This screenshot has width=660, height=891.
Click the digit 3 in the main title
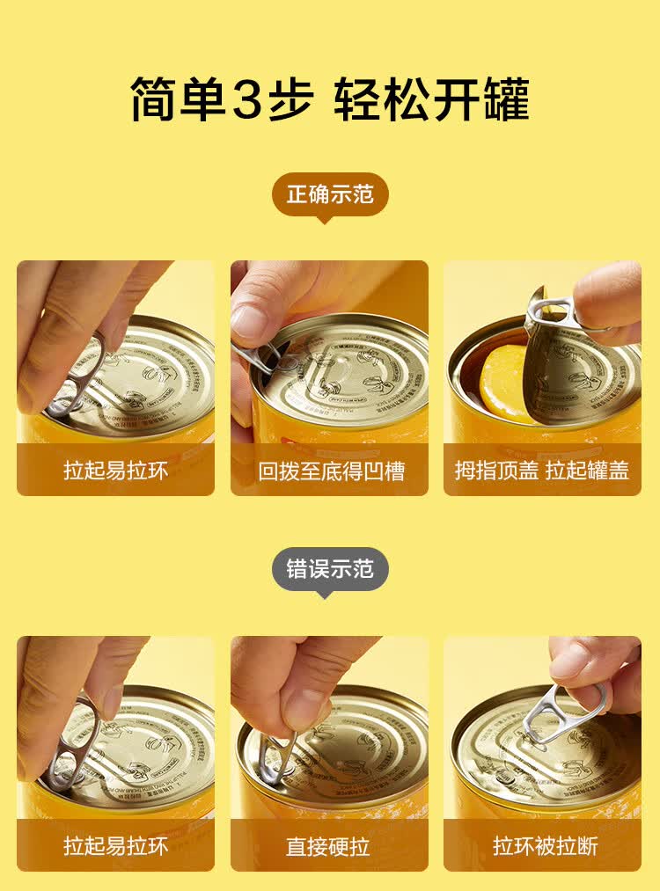pos(255,99)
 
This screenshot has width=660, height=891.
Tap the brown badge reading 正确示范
pos(330,194)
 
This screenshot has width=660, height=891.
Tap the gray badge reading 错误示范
pos(330,569)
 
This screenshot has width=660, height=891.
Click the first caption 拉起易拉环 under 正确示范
pos(115,471)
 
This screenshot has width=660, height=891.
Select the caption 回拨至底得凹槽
pos(330,471)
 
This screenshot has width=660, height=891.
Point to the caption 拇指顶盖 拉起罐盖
pos(542,471)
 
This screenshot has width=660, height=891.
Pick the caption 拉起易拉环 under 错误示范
pos(115,846)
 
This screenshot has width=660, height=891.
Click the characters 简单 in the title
pos(177,99)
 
